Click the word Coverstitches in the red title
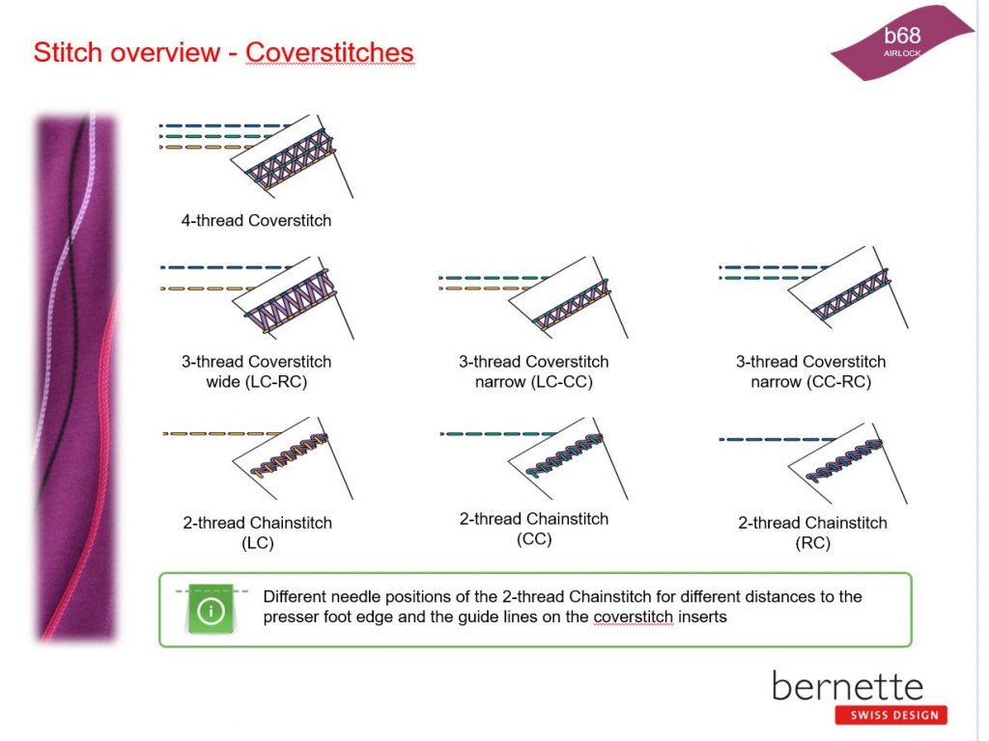coord(330,52)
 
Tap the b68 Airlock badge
coord(903,42)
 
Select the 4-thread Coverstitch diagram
coord(256,156)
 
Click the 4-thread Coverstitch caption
coord(256,221)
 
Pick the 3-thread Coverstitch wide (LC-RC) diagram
coord(257,298)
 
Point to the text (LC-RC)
coord(257,382)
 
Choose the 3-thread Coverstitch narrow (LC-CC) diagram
coord(533,297)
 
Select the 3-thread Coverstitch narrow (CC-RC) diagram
coord(813,288)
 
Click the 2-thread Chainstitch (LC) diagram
coord(257,458)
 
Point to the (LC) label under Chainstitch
coord(257,543)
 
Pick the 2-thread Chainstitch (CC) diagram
coord(533,458)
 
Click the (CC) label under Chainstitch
coord(534,539)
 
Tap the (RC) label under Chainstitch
coord(812,543)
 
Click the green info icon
coord(212,610)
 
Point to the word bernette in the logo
coord(848,686)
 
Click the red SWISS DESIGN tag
coord(891,715)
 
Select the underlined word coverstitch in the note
coord(634,617)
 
